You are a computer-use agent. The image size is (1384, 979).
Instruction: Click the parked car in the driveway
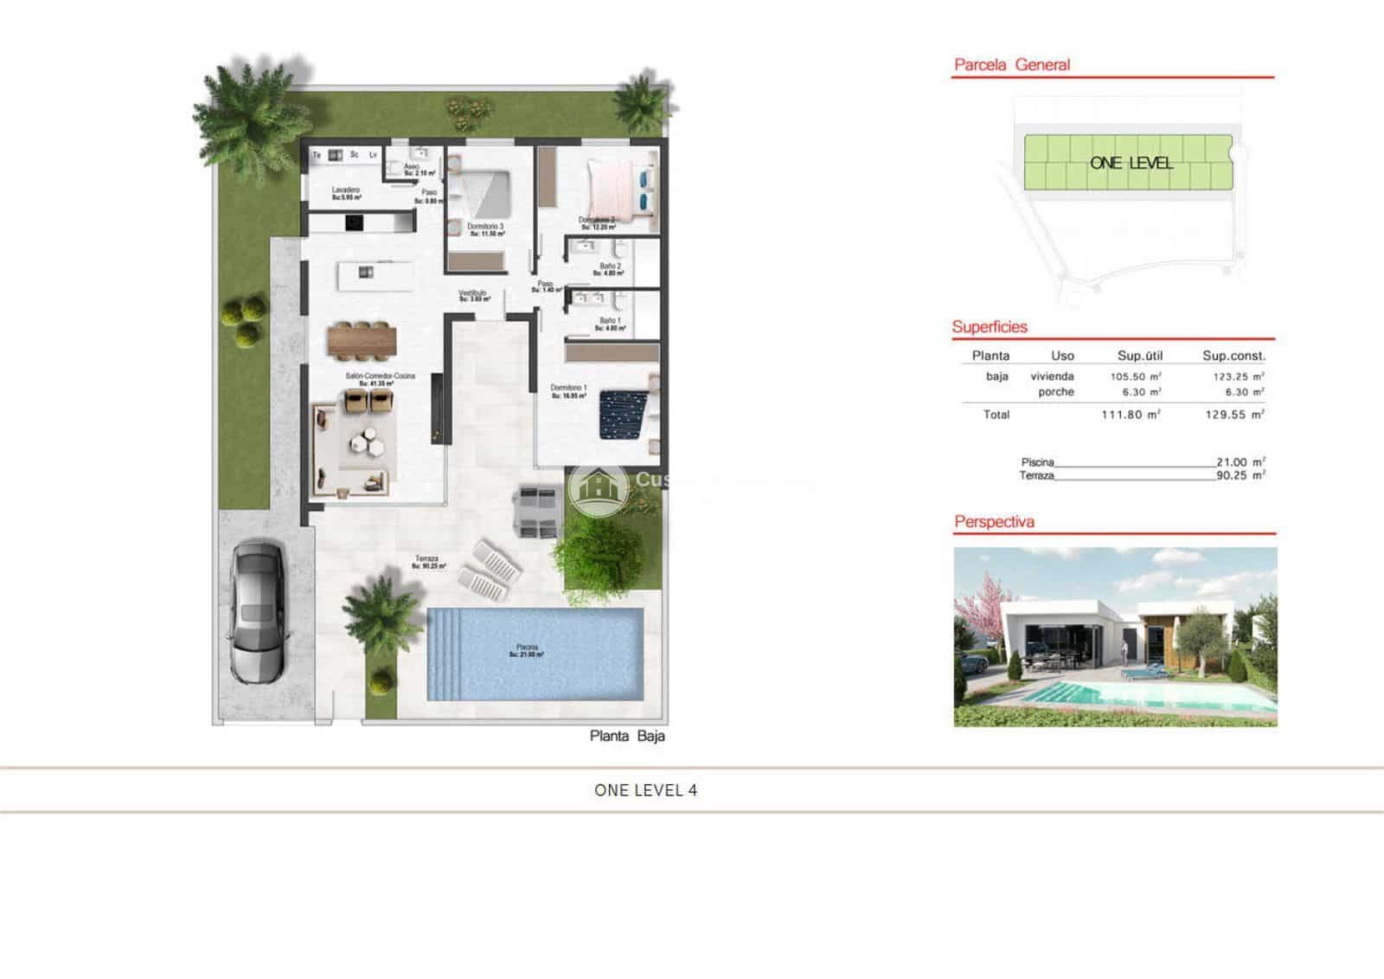click(x=257, y=611)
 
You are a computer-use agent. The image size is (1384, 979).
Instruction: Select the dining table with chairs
click(x=362, y=339)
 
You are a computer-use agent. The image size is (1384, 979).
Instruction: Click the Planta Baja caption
click(x=627, y=736)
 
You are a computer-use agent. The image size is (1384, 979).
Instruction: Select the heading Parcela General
click(x=1011, y=65)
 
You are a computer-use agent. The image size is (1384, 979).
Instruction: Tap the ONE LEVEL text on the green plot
click(x=1131, y=163)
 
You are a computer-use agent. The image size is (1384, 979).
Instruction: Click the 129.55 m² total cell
click(x=1234, y=415)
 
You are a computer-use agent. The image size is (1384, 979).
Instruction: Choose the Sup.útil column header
click(x=1139, y=356)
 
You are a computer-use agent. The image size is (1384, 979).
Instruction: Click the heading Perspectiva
click(x=994, y=522)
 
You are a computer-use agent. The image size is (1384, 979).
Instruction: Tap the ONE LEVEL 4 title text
click(x=645, y=790)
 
